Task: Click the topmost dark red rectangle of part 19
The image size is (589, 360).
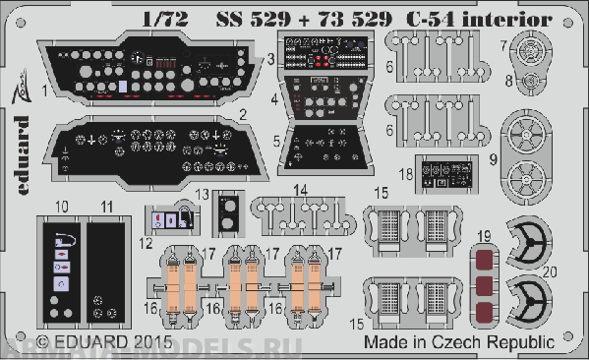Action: [483, 260]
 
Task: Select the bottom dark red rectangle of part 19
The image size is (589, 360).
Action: [483, 316]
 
